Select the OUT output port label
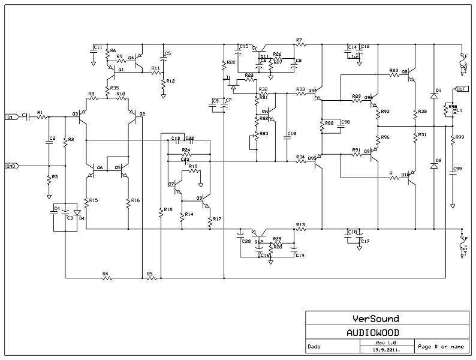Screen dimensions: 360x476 tap(461, 89)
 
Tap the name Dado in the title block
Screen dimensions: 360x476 tap(314, 346)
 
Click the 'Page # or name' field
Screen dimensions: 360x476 tap(441, 346)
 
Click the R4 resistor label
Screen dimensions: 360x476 tap(105, 274)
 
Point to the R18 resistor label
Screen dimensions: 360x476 tap(167, 209)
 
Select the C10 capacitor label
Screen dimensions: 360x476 tap(292, 133)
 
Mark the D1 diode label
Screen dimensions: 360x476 tap(439, 90)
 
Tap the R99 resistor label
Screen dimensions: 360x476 tap(460, 137)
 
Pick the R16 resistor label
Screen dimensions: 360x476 tap(135, 200)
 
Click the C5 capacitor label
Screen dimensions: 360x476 tap(168, 54)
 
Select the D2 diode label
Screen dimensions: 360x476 tap(439, 161)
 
